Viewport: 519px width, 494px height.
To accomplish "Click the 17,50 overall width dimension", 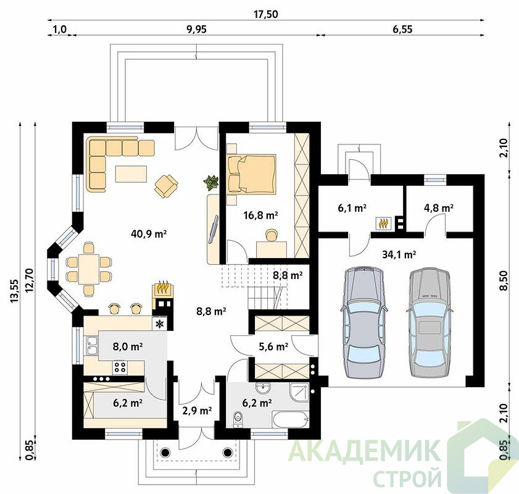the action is click(265, 14).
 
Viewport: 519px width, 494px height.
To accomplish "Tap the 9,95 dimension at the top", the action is click(196, 29).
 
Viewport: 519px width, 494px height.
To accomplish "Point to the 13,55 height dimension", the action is click(14, 291).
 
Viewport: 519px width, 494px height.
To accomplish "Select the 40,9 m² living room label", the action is click(149, 234).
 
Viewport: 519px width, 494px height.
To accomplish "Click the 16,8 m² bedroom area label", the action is click(260, 216).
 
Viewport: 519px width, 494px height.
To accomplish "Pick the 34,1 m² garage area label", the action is click(399, 254).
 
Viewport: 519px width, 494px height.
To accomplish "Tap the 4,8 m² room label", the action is click(439, 208).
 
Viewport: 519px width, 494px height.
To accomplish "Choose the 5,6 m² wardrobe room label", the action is click(273, 346).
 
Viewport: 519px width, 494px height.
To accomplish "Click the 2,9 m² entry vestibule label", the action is click(197, 411).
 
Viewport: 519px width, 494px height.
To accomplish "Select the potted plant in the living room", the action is click(211, 182).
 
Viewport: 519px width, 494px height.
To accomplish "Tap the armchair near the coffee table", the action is click(166, 185).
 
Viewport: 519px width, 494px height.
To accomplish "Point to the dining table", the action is click(88, 269).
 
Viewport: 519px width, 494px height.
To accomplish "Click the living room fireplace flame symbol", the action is click(163, 287).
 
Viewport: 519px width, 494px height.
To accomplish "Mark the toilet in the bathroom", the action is click(238, 419).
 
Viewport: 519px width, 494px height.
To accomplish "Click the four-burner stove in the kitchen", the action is click(120, 367).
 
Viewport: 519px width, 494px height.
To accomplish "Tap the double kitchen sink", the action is click(92, 346).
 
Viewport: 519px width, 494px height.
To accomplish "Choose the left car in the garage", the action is click(363, 322).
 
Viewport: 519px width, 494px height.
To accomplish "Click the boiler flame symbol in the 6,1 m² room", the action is click(383, 223).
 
